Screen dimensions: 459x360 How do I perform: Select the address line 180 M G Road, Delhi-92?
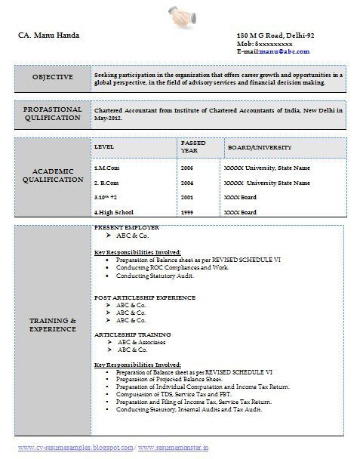tap(275, 36)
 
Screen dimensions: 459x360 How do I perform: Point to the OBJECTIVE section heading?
tap(53, 77)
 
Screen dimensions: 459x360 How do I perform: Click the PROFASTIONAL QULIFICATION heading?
tap(53, 114)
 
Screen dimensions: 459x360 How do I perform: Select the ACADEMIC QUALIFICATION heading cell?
tap(53, 176)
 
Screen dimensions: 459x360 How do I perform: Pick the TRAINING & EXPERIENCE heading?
tap(53, 325)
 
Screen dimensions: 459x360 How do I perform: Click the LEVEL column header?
tap(104, 147)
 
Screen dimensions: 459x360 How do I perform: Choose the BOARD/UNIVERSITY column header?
tap(260, 147)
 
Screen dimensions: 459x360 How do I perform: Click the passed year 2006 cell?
tap(187, 168)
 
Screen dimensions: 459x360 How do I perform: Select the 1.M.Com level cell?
tap(107, 168)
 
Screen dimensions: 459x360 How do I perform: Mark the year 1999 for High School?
tap(187, 213)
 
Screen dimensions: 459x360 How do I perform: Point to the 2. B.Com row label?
tap(106, 183)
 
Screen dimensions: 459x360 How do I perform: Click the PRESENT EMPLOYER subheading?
tap(127, 227)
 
